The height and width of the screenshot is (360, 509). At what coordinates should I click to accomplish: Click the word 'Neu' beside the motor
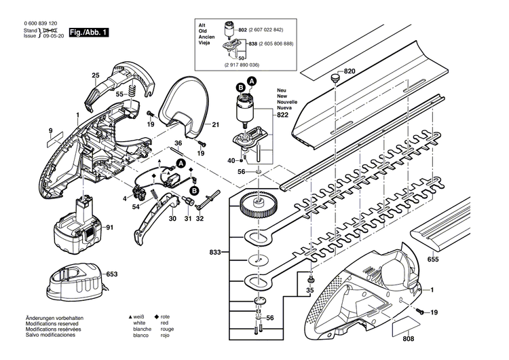click(281, 90)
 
